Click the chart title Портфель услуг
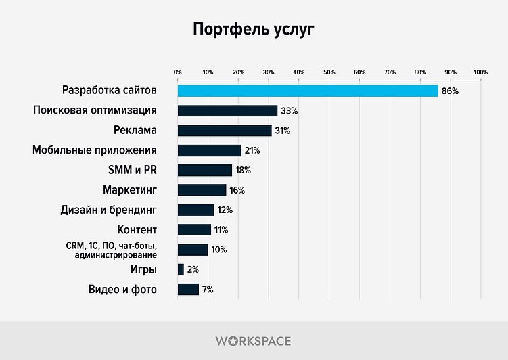(254, 30)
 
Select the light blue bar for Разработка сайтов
(308, 91)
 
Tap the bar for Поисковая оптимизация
(227, 110)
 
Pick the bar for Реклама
(225, 131)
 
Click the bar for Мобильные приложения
(209, 150)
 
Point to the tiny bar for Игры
(181, 270)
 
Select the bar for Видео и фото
(188, 290)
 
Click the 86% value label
(450, 91)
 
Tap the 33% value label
(290, 110)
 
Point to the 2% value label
(193, 270)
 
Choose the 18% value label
(244, 171)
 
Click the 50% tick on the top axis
(329, 72)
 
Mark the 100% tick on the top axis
(480, 72)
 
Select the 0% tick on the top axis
(178, 72)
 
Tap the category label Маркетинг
(130, 190)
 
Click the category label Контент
(137, 230)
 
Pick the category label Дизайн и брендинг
(109, 210)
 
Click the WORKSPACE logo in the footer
(254, 341)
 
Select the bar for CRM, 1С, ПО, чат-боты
(193, 250)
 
